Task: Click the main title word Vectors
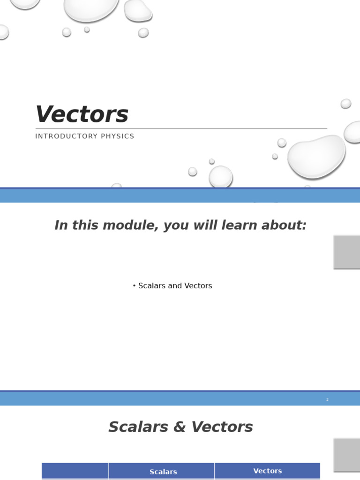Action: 82,115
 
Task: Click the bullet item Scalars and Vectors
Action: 172,286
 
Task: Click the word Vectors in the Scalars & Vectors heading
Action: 222,427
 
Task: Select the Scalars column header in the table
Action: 163,472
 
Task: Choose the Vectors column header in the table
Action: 268,471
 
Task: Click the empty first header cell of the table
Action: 75,471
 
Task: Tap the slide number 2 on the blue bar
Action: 327,399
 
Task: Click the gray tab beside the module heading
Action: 347,252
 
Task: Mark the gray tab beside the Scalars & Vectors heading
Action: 347,455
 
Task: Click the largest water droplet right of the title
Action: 316,157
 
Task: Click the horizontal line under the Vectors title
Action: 181,128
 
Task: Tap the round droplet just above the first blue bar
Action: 221,177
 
